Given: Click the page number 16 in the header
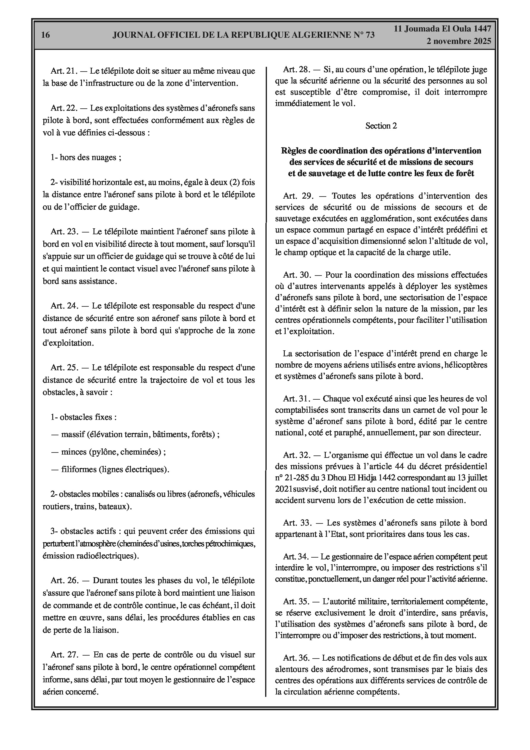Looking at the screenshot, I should (x=45, y=35).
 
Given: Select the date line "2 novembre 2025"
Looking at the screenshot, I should (x=458, y=41).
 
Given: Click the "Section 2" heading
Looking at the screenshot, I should (x=381, y=126).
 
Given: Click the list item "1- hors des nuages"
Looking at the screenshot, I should (x=86, y=157).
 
